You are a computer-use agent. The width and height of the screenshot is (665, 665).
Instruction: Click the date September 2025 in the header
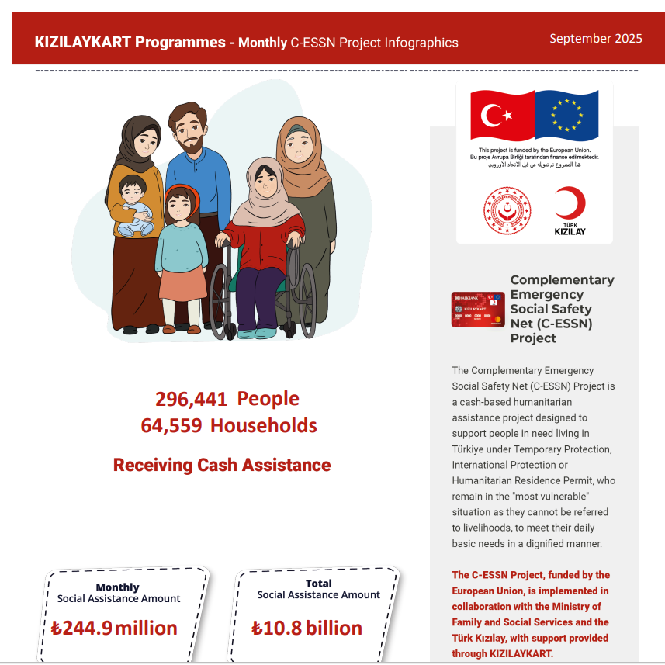click(595, 39)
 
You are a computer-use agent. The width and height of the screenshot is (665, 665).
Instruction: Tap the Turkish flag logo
click(503, 116)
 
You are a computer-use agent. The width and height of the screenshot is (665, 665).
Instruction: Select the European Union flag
click(567, 116)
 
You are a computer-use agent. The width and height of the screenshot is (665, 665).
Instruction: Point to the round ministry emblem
click(507, 210)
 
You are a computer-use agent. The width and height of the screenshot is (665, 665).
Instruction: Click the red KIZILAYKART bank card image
click(478, 310)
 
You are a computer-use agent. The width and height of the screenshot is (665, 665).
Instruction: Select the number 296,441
click(191, 399)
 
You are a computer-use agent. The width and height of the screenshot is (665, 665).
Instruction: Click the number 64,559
click(171, 426)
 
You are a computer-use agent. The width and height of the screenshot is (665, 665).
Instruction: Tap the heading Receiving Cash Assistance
click(222, 466)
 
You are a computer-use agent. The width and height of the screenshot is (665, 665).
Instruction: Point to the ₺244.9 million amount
click(114, 628)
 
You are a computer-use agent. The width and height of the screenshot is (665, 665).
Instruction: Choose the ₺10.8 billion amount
click(307, 628)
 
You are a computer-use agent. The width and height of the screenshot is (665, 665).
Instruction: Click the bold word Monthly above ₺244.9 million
click(117, 587)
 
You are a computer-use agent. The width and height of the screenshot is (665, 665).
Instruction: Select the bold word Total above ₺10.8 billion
click(318, 584)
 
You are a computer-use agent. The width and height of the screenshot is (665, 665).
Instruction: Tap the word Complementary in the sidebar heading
click(562, 280)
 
